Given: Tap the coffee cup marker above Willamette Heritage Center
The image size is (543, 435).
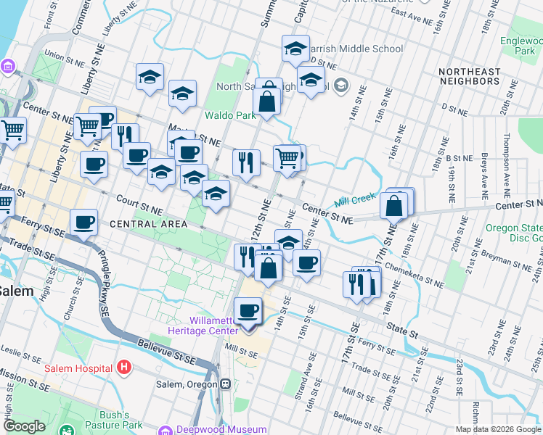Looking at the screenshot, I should pyautogui.click(x=248, y=310).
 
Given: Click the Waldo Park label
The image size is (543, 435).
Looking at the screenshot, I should pyautogui.click(x=229, y=115).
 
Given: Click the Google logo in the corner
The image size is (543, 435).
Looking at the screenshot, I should pyautogui.click(x=24, y=427).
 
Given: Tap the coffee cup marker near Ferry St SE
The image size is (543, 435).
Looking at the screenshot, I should pyautogui.click(x=84, y=223).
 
